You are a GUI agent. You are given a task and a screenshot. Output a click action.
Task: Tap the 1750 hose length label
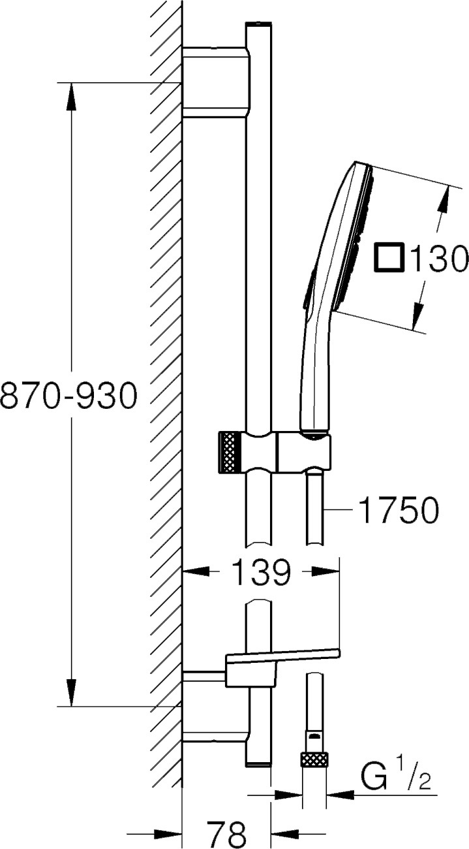coord(400,509)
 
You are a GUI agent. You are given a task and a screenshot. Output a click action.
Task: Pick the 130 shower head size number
coord(439,257)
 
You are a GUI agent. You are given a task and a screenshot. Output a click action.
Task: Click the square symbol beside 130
coord(389,258)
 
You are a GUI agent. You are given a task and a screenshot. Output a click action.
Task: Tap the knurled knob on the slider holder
coord(230,452)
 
